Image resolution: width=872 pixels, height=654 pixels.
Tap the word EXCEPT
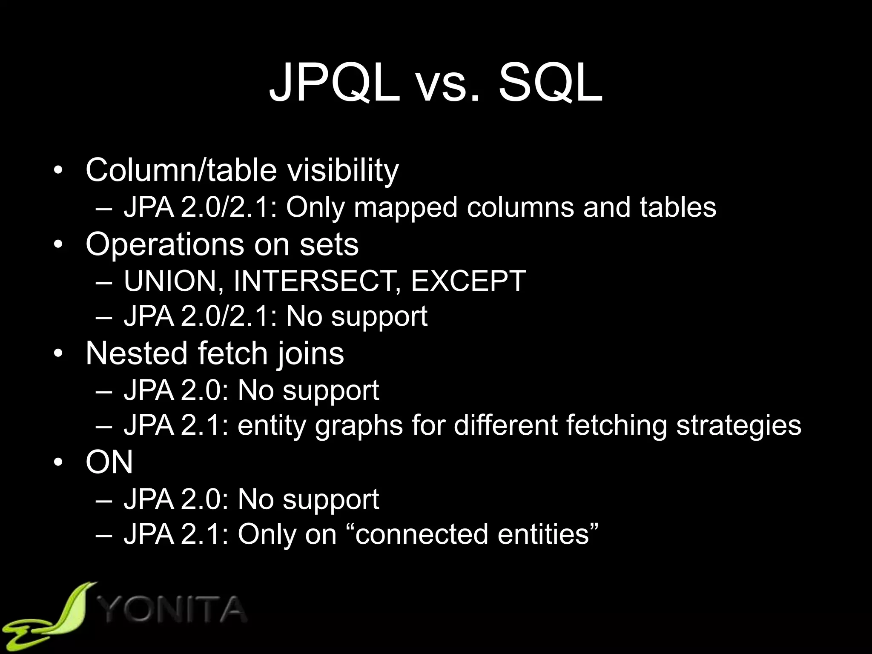pyautogui.click(x=468, y=281)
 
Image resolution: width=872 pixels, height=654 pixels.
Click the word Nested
pyautogui.click(x=137, y=353)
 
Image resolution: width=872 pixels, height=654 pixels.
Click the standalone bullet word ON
pyautogui.click(x=109, y=462)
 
